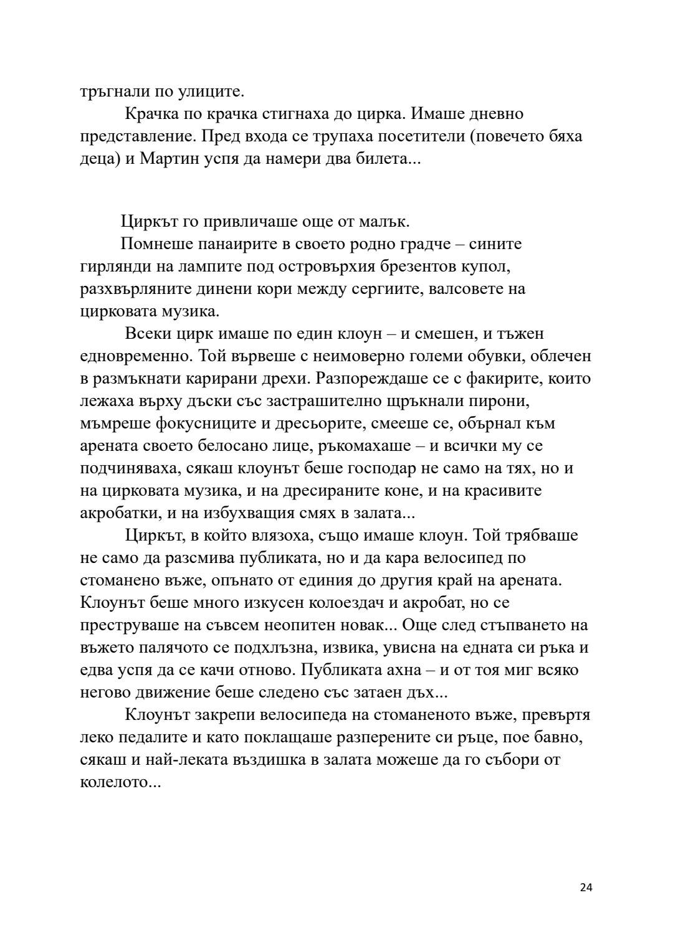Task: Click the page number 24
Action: click(x=586, y=887)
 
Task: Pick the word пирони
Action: click(x=503, y=401)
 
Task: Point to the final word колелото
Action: click(x=121, y=782)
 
